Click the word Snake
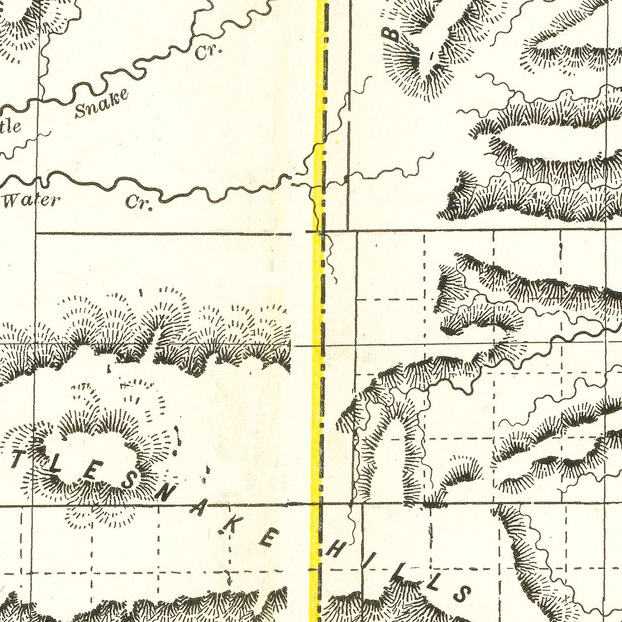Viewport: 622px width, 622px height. click(x=101, y=103)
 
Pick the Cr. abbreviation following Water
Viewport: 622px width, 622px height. click(x=139, y=203)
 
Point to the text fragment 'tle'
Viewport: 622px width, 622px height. click(x=10, y=126)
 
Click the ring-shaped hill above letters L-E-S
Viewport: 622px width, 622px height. click(x=89, y=440)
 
